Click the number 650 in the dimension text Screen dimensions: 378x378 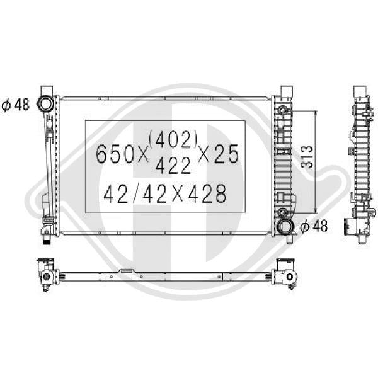(115, 154)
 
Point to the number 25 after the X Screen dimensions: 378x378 (226, 154)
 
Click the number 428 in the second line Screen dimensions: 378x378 (207, 193)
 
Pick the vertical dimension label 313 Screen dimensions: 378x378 (307, 157)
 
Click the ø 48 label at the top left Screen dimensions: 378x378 (15, 105)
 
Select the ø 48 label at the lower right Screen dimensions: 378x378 (314, 226)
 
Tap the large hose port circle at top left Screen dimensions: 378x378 (45, 104)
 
